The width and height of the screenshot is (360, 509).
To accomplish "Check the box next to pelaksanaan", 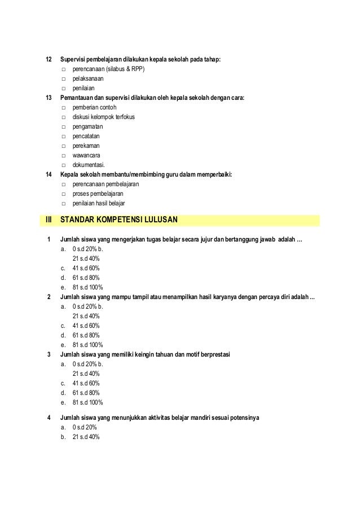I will [64, 79].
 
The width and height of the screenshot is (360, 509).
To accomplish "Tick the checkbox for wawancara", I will [64, 156].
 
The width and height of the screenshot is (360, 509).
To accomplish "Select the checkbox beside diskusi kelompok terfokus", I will [64, 117].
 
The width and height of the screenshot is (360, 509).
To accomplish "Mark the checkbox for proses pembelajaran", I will [64, 194].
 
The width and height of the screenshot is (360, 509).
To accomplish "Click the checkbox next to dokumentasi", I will [64, 165].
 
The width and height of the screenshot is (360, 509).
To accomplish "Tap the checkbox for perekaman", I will [64, 146].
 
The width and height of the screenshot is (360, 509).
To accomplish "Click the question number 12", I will [49, 60].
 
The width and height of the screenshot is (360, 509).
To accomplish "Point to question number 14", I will [49, 175].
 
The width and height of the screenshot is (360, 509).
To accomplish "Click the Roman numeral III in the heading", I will [49, 220].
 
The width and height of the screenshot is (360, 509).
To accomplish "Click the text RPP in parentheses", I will [136, 69].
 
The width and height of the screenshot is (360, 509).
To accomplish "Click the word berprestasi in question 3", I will [213, 355].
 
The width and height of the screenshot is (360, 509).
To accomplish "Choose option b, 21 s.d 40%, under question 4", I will [86, 437].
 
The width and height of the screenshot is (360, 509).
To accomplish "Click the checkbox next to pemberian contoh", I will [64, 108].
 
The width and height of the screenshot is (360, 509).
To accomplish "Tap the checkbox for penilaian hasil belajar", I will [64, 204].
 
